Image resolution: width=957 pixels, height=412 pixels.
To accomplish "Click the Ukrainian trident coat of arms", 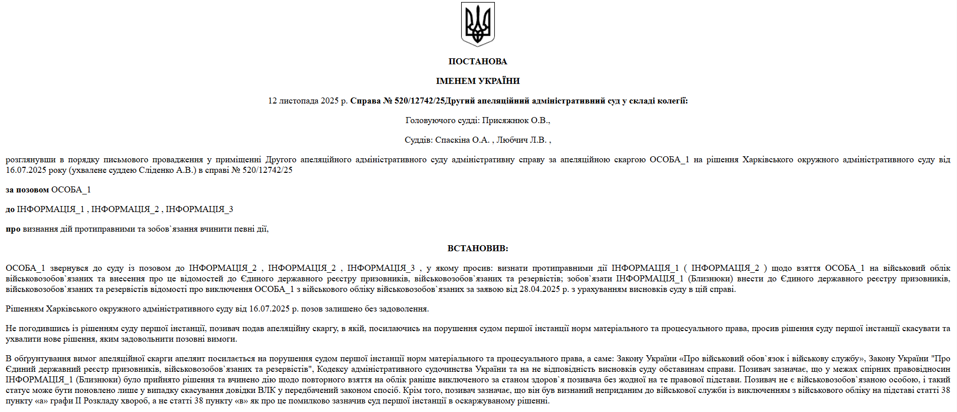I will coord(478,24).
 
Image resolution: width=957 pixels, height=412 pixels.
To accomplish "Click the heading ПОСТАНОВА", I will coord(478,61).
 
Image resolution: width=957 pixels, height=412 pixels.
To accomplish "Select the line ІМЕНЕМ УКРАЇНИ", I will coord(478,81).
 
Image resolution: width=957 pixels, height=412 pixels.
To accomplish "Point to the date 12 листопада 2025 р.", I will coord(308,100).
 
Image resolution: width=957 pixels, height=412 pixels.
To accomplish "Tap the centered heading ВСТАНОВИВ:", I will coord(478,248).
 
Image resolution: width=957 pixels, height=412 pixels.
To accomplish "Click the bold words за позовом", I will coord(27,189).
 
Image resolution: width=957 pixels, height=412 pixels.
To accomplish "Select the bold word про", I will coord(13,229).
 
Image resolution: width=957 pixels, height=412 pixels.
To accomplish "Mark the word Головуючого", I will coord(430,120).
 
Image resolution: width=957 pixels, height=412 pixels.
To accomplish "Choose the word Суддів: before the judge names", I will coord(418,140).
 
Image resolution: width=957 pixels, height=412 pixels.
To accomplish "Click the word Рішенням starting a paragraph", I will coord(25,308).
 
